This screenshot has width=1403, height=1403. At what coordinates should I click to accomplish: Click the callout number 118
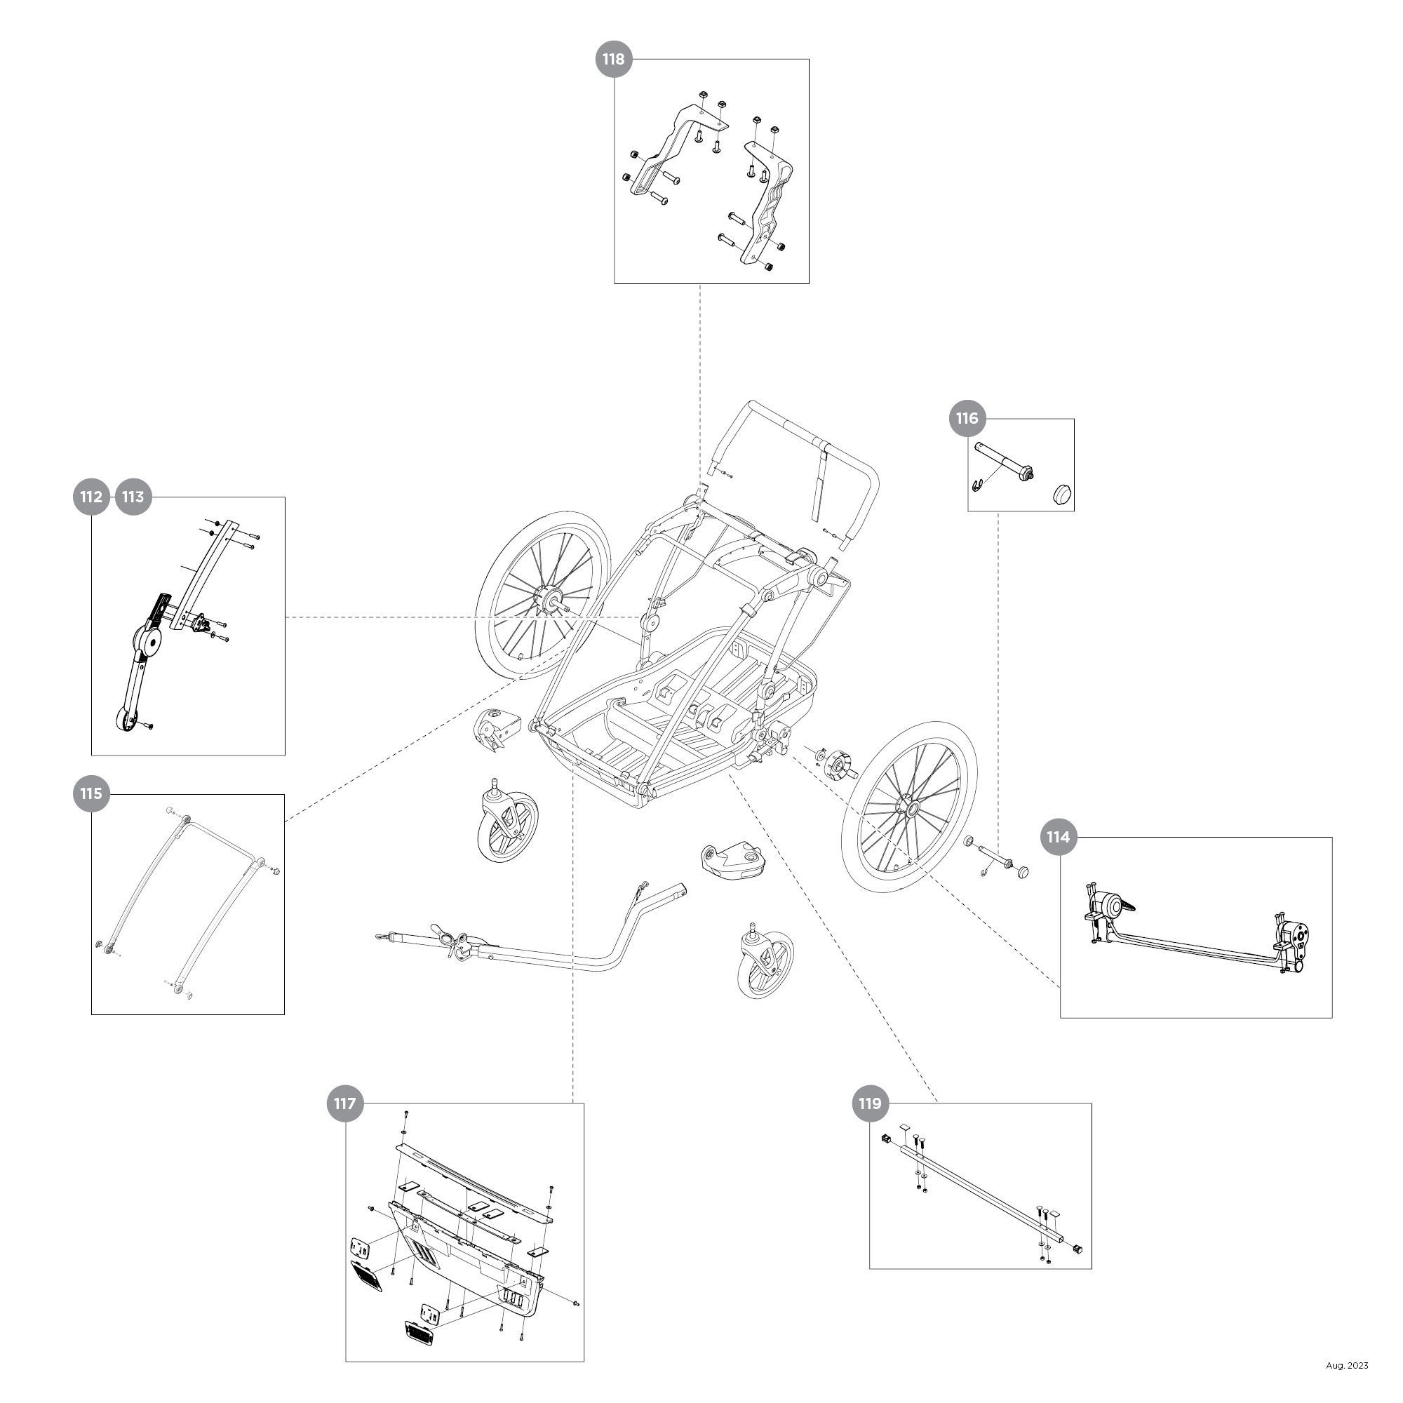tap(614, 59)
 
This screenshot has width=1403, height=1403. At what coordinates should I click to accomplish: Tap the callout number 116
tap(967, 418)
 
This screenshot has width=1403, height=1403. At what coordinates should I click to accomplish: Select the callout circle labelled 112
tap(90, 497)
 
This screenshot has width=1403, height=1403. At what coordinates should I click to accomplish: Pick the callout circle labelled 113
tap(133, 497)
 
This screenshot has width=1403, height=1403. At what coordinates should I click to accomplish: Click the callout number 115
tap(90, 793)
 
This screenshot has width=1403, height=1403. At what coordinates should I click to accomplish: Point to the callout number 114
tap(1057, 838)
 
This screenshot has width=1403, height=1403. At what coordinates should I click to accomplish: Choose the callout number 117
tap(344, 1103)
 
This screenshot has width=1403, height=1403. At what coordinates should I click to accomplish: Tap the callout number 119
tap(869, 1103)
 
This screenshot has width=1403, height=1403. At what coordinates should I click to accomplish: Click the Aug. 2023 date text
tap(1347, 1365)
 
